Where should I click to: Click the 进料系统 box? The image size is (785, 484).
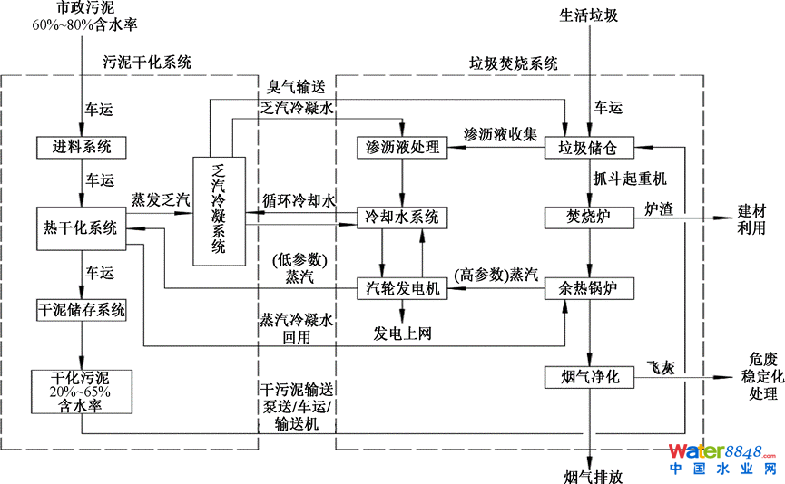[x=82, y=146]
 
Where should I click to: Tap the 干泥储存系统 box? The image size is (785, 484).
[x=82, y=310]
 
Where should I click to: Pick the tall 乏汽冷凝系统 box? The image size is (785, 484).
[x=219, y=210]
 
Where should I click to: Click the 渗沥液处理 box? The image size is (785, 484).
[x=401, y=147]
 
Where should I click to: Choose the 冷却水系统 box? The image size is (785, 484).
[x=401, y=218]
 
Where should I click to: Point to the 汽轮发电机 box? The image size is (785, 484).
[x=401, y=288]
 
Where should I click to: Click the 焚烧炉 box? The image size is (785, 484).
[x=588, y=218]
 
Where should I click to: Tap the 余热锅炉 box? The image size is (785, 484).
[x=588, y=288]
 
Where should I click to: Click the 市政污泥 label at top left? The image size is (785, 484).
[x=83, y=8]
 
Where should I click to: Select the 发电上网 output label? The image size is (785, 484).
[x=402, y=334]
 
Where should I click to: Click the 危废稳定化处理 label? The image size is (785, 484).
[x=756, y=375]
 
